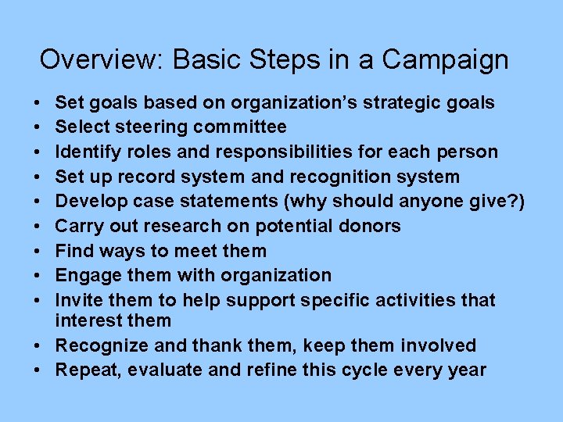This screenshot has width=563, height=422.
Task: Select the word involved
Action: coord(438,345)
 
